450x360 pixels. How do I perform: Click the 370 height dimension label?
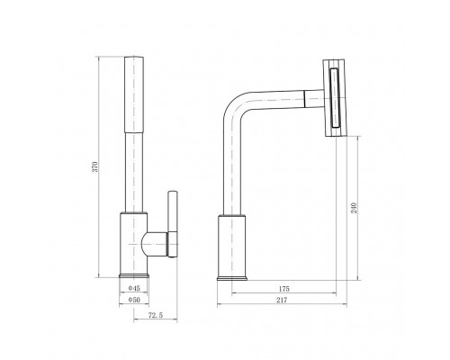tap(94, 166)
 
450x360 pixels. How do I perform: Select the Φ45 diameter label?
tap(134, 288)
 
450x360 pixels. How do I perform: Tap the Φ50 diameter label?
tap(134, 300)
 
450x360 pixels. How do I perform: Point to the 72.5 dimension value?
tap(156, 315)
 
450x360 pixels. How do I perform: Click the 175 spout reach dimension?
tap(283, 289)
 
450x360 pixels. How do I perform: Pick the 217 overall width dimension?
tap(282, 300)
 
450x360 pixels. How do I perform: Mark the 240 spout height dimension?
tap(355, 208)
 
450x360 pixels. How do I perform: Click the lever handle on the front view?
tap(173, 224)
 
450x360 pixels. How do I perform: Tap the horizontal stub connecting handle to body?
tap(154, 244)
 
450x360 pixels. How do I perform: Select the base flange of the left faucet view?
tap(134, 275)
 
